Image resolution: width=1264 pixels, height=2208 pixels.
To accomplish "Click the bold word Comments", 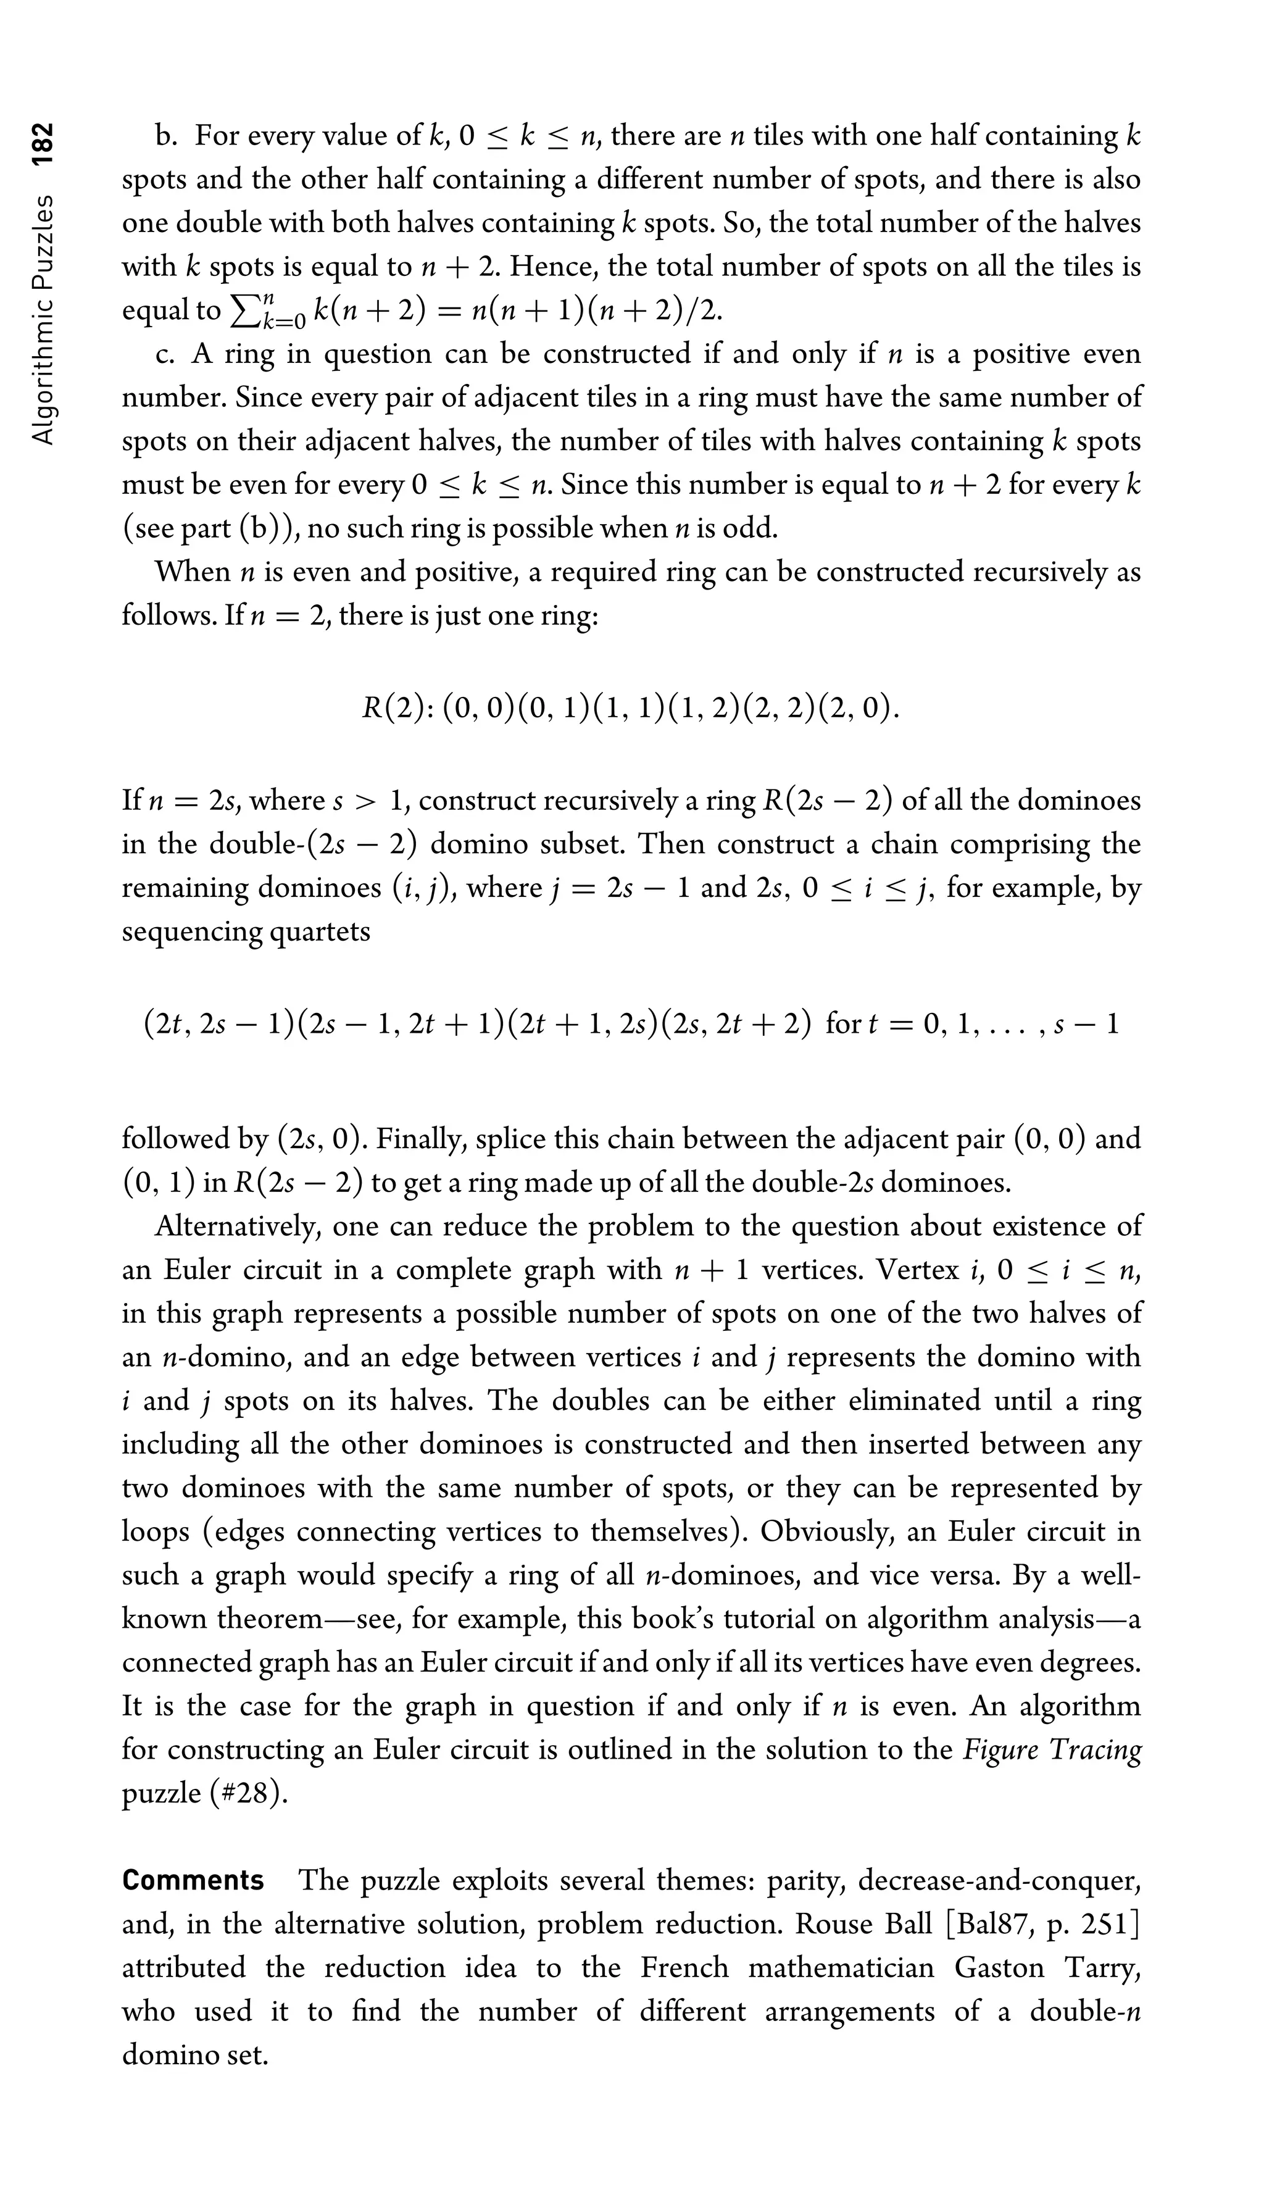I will pos(193,1880).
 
